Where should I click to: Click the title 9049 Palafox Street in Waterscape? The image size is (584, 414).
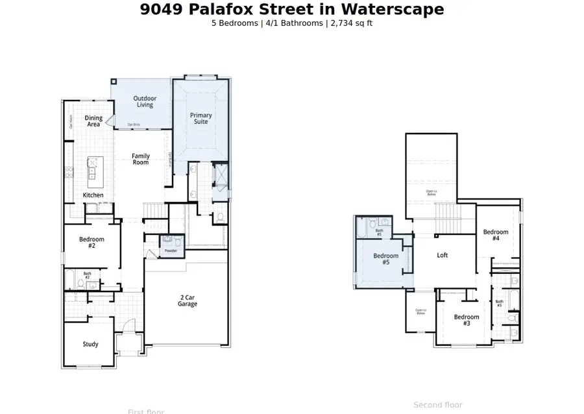point(292,9)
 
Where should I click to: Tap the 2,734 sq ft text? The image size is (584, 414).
point(350,23)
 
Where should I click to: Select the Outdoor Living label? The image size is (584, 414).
point(145,101)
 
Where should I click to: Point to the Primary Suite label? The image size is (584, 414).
point(201,118)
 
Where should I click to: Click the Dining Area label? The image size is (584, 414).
point(93,121)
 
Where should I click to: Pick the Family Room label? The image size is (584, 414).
point(141,159)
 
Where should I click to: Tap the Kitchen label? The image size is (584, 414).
point(93,195)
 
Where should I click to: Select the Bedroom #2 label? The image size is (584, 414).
point(91,242)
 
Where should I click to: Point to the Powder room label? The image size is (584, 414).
point(171,250)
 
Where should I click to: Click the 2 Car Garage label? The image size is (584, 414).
point(188,300)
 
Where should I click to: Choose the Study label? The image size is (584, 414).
point(90,344)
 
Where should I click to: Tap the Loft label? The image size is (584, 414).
point(442,255)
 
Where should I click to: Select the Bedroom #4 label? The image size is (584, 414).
point(495,235)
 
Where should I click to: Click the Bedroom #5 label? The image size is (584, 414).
point(385,259)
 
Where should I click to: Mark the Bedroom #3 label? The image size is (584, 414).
point(467,319)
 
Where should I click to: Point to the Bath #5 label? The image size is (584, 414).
point(380,232)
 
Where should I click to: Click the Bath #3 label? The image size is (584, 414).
point(499,303)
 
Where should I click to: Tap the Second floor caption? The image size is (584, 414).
point(438,405)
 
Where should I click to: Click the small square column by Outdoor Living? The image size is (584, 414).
point(114,82)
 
